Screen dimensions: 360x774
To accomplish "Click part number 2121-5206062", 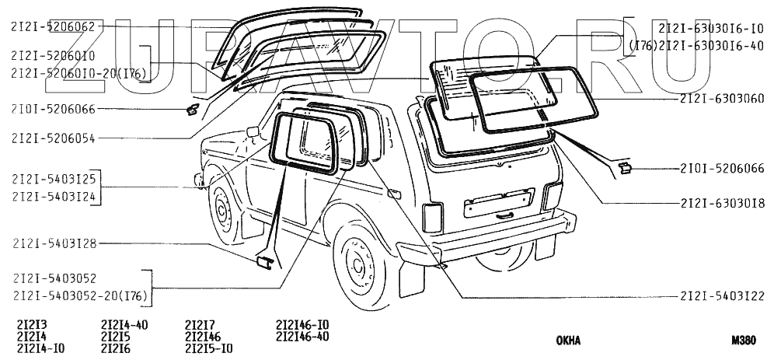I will pyautogui.click(x=53, y=26).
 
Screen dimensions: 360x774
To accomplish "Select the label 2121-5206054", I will pyautogui.click(x=53, y=138).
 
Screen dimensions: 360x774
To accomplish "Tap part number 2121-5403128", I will pyautogui.click(x=53, y=244).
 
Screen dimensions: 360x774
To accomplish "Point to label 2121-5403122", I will pyautogui.click(x=721, y=296).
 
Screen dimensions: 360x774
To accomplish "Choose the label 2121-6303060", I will pyautogui.click(x=721, y=100).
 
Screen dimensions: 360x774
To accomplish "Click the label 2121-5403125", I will pyautogui.click(x=53, y=180).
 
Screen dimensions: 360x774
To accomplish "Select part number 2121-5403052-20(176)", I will pyautogui.click(x=79, y=295).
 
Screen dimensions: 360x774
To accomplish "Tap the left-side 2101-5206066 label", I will pyautogui.click(x=53, y=109).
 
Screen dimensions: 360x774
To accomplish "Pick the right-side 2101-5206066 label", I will pyautogui.click(x=721, y=168).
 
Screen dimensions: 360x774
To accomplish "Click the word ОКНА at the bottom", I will pyautogui.click(x=568, y=341).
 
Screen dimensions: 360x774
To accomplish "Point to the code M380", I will pyautogui.click(x=744, y=341).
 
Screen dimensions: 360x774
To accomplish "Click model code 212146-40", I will pyautogui.click(x=302, y=337).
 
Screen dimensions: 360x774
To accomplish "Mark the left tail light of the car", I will pyautogui.click(x=431, y=218).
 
